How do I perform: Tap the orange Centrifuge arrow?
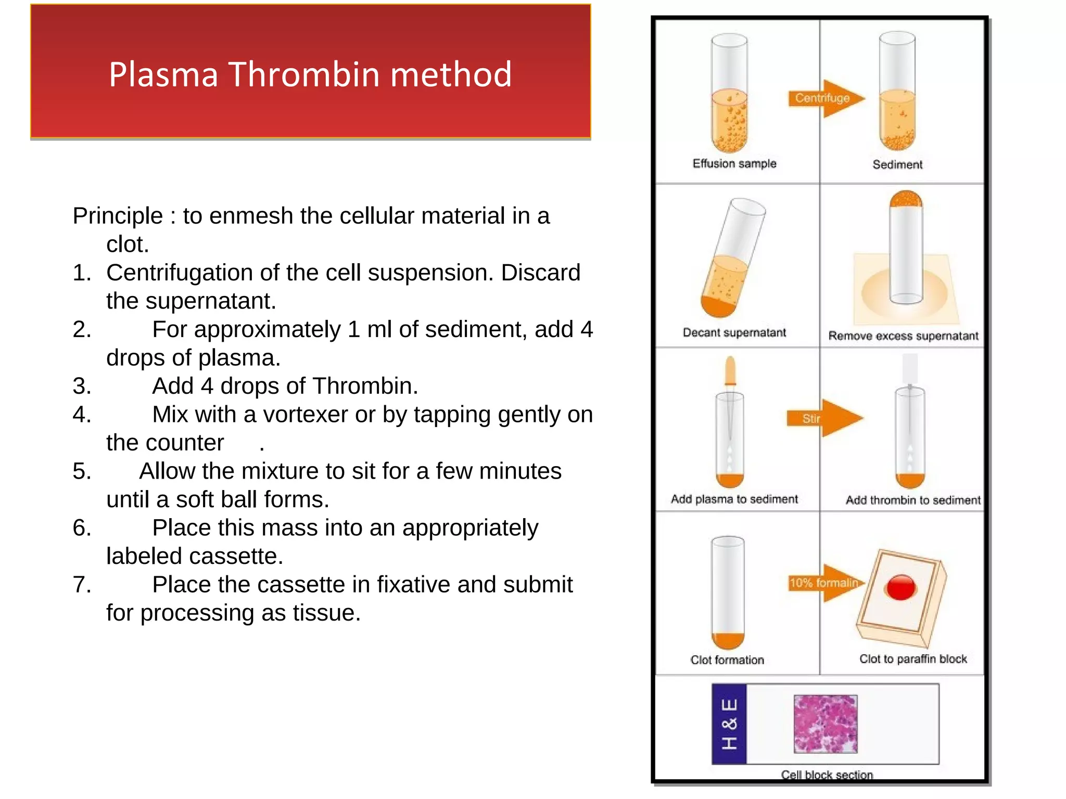826,98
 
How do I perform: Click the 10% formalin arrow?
826,583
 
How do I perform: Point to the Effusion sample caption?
734,164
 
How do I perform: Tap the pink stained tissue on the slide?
825,724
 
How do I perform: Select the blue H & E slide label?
729,724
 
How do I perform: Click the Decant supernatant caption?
734,332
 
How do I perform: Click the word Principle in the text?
118,216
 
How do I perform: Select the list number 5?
82,471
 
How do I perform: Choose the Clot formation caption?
727,660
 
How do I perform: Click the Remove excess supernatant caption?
903,336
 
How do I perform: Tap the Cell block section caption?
827,775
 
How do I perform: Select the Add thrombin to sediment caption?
912,500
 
